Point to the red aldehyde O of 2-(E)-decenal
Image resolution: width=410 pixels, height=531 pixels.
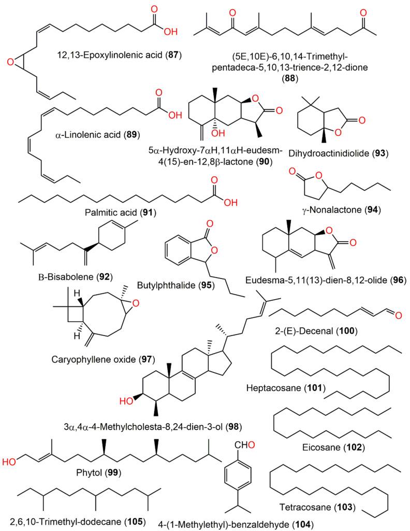click(x=401, y=314)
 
